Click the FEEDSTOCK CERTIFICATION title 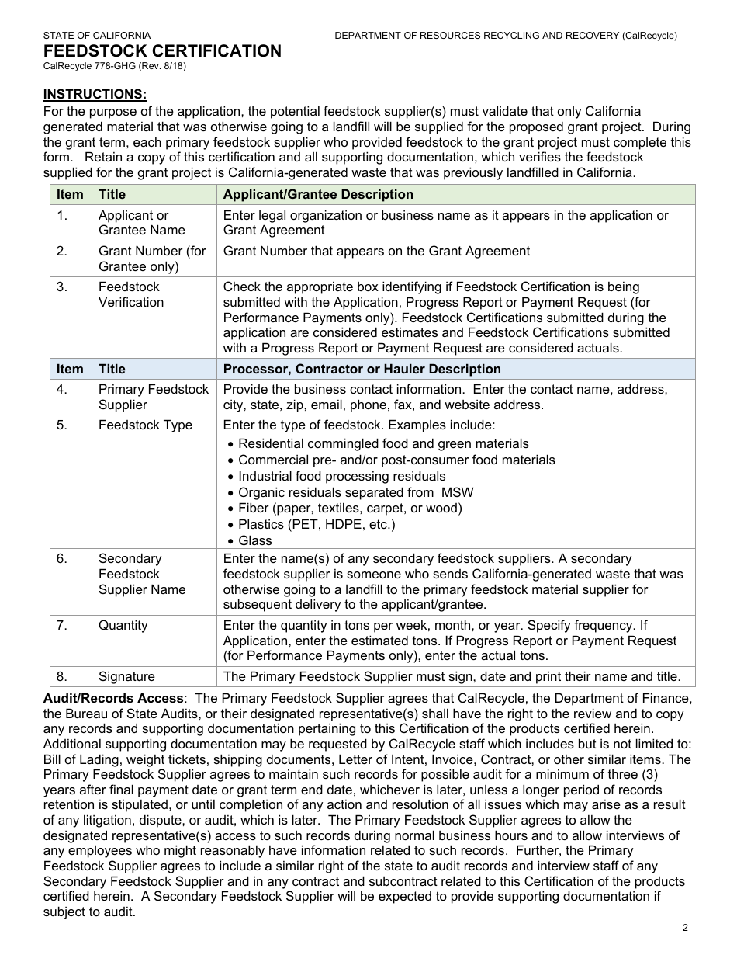[162, 51]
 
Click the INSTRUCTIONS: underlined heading [95, 94]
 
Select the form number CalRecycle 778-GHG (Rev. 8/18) [114, 66]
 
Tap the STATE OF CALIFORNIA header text [97, 36]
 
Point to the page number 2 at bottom [685, 927]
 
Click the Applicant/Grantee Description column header [318, 194]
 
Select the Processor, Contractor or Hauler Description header [362, 369]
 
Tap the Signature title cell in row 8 [126, 676]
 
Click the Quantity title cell [123, 625]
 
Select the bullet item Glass [254, 540]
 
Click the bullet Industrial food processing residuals [341, 476]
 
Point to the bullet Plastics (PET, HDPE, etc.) [317, 524]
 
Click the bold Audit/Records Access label [113, 698]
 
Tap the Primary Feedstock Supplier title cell [154, 397]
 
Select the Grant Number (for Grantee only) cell [152, 259]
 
